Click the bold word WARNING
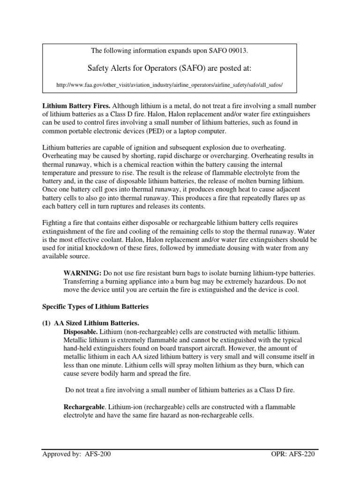tap(82, 272)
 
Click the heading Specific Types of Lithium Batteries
tap(95, 307)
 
